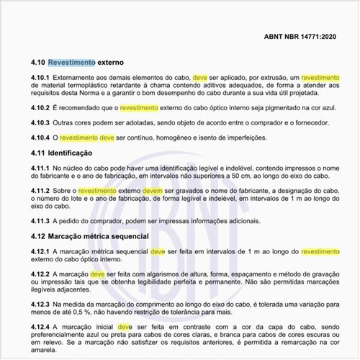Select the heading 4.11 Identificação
coord(68,153)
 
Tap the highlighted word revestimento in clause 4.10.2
coord(139,108)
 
